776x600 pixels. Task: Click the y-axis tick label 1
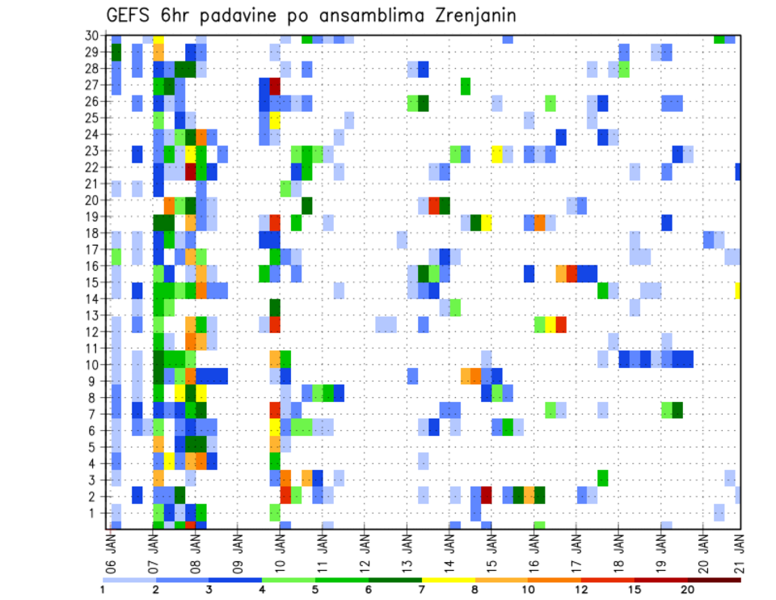point(94,513)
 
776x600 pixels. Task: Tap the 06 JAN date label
point(112,549)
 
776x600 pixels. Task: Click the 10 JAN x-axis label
point(280,549)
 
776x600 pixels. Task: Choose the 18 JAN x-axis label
point(618,549)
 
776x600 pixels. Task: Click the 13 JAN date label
point(407,549)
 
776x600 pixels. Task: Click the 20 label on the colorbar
point(688,589)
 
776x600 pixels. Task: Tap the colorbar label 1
point(103,589)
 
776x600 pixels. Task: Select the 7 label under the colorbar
point(422,589)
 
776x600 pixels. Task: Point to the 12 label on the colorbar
point(581,589)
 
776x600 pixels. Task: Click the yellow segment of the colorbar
point(448,579)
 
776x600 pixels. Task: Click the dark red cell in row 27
point(274,85)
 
